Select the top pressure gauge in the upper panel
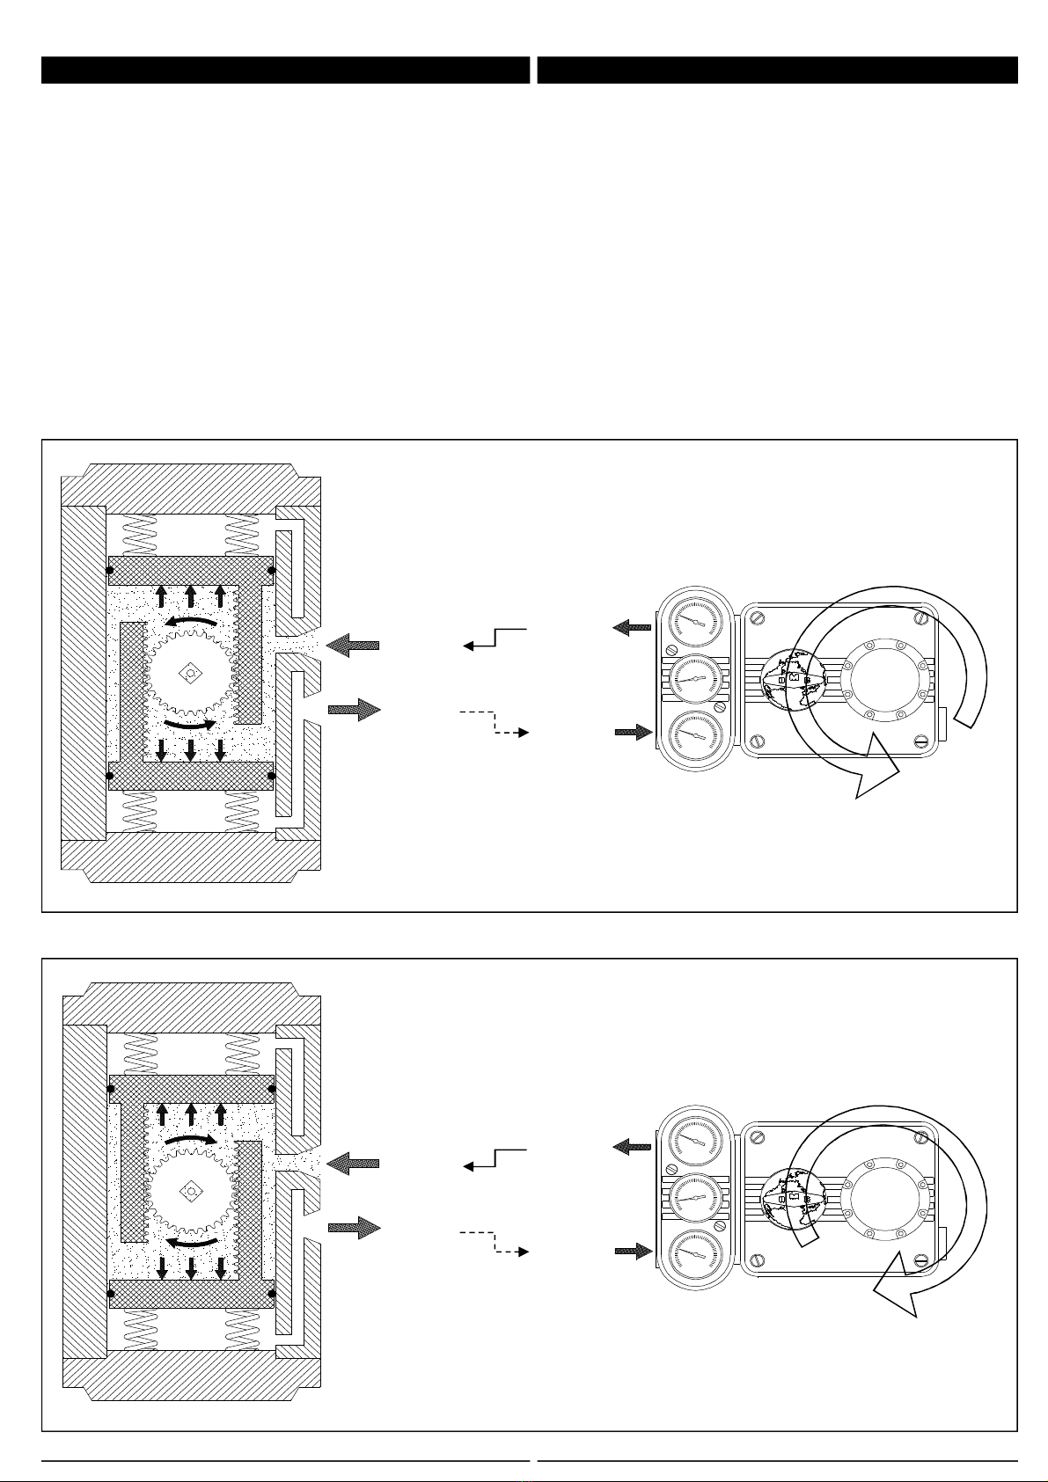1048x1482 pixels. (695, 621)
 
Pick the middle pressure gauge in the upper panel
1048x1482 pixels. (695, 678)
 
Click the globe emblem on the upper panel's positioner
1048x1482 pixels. (794, 678)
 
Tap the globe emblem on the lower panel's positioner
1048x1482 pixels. (794, 1197)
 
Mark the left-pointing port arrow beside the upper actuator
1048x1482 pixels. (352, 646)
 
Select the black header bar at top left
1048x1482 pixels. (285, 70)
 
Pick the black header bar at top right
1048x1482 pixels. (777, 70)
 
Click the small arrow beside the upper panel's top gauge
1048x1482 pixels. (633, 627)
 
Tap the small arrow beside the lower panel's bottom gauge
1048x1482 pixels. (633, 1250)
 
